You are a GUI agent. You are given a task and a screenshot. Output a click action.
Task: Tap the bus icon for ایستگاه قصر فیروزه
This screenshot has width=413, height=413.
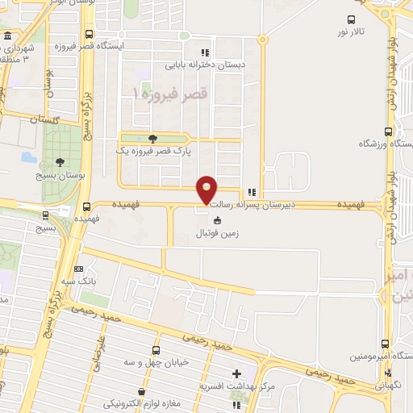[x=89, y=35]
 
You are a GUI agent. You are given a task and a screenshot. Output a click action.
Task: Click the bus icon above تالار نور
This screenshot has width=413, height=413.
[x=350, y=20]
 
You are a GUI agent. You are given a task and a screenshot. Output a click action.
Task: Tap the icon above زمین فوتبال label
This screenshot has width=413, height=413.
[x=215, y=221]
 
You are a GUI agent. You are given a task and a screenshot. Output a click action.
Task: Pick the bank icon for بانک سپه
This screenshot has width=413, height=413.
[x=78, y=269]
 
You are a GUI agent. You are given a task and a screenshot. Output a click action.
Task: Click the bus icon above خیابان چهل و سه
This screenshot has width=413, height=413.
[x=165, y=349]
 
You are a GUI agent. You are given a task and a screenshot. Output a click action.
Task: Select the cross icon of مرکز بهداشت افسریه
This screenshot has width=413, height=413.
[x=236, y=373]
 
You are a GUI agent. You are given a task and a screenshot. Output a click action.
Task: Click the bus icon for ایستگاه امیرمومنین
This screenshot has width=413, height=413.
[x=385, y=344]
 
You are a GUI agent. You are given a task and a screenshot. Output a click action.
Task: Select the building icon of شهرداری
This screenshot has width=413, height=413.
[x=7, y=36]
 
